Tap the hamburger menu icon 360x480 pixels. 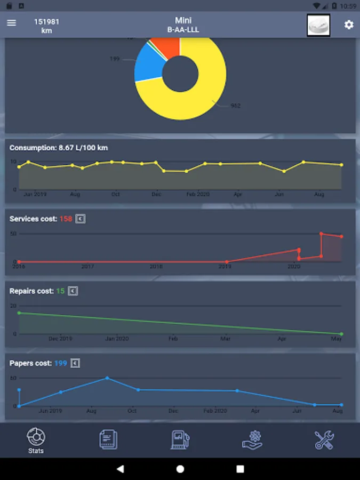tap(11, 23)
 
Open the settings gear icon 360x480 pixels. tap(349, 25)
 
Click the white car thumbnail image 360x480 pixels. tap(318, 25)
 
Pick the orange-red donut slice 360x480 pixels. tap(167, 47)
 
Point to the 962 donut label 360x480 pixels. tap(235, 106)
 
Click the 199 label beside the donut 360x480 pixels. tap(115, 59)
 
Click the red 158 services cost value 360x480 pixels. tap(66, 219)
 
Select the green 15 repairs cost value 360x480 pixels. tap(60, 291)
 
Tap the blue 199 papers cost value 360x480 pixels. tap(60, 363)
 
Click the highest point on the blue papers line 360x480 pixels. tap(107, 378)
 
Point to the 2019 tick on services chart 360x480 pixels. tap(225, 266)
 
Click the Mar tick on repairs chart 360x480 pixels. tap(226, 338)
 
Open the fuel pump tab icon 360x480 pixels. tap(180, 439)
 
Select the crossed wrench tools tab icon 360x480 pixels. tap(324, 439)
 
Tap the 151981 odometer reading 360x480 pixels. tap(46, 22)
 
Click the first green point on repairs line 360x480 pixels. tap(19, 313)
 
